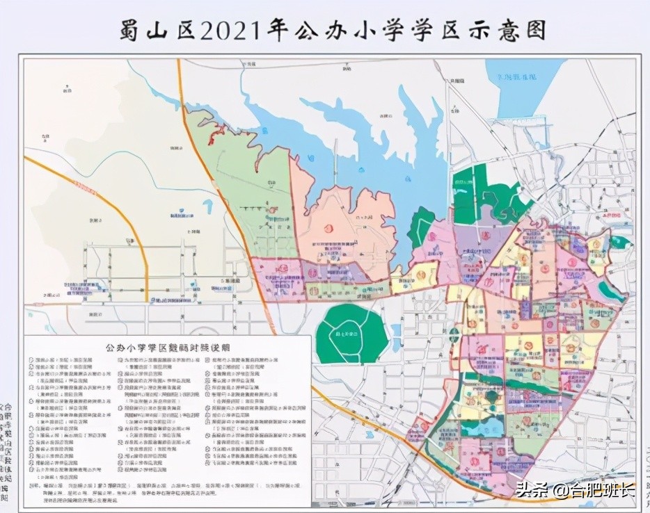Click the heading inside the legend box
point(166,346)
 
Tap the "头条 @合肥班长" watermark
point(575,489)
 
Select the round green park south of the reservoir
point(351,334)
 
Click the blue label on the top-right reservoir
point(518,76)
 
